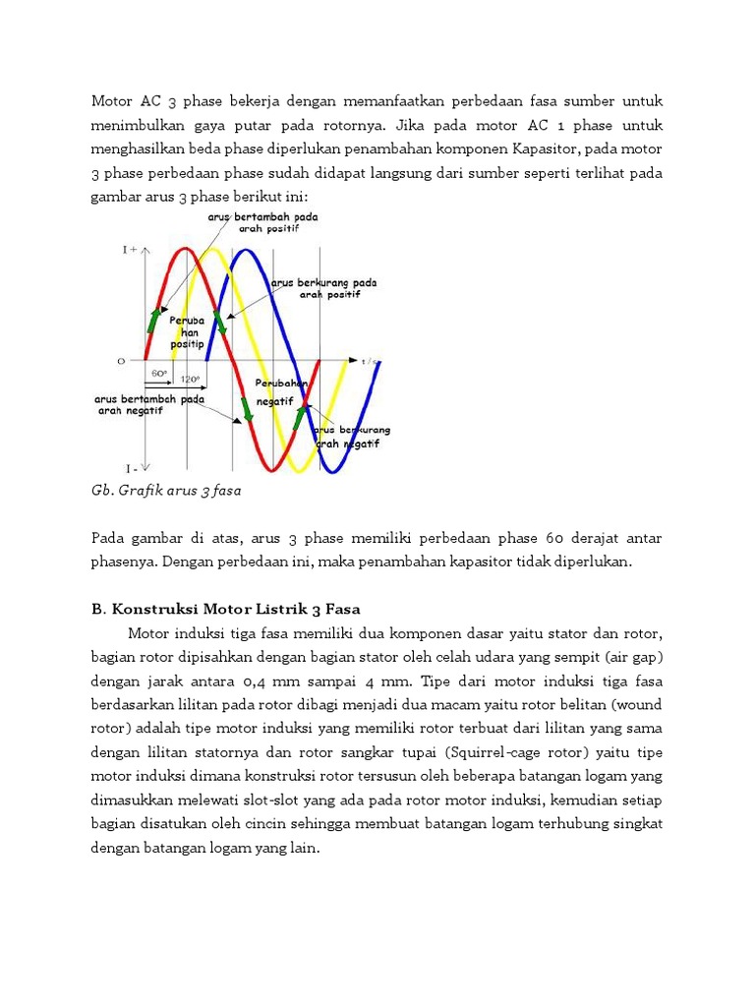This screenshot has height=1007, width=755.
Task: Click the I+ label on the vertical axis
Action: [x=130, y=251]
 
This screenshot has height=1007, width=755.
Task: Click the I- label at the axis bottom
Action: [x=130, y=467]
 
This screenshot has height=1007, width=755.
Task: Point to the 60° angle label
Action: [x=160, y=374]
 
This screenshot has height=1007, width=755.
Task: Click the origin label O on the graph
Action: [x=121, y=361]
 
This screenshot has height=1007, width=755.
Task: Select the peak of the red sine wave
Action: [x=180, y=250]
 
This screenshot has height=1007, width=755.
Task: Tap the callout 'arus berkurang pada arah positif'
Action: [x=323, y=288]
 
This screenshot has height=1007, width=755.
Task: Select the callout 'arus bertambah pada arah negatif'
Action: [x=149, y=404]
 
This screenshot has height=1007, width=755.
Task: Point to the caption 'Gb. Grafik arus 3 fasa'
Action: [x=166, y=489]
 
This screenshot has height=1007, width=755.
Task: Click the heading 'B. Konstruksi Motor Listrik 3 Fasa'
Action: [x=226, y=609]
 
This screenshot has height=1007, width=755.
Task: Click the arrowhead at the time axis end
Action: [x=354, y=361]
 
